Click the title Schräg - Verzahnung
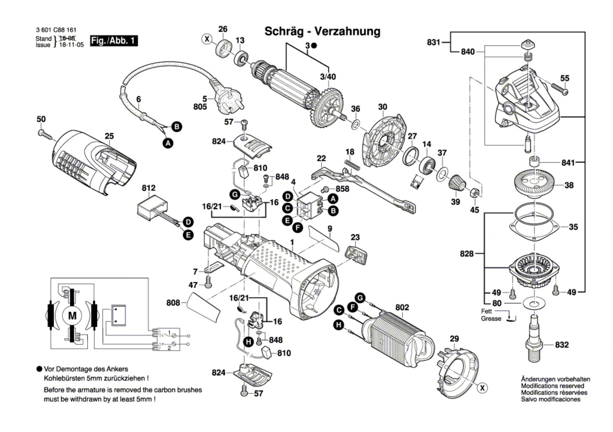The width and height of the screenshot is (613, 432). [x=322, y=31]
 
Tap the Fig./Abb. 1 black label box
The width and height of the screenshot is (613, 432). [x=114, y=41]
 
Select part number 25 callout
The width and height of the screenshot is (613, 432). [x=109, y=136]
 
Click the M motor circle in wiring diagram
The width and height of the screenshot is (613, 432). [x=72, y=316]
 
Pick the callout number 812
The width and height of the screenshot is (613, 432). [x=149, y=188]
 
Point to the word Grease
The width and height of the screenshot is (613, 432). [x=491, y=319]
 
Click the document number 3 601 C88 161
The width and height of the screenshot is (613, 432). [x=56, y=30]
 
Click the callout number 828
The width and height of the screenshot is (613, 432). [x=467, y=254]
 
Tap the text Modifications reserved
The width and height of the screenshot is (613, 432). [x=552, y=386]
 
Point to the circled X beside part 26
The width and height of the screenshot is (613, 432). [x=207, y=39]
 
